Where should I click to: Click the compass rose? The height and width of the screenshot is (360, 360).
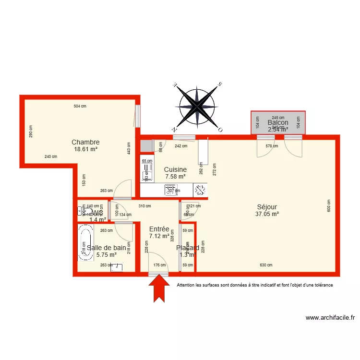pos(197,108)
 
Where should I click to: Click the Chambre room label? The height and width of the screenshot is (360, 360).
pos(85,142)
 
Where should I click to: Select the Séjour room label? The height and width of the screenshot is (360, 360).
pos(267,207)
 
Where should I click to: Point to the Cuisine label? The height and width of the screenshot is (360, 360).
pos(175,169)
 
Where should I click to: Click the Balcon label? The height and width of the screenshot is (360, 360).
pos(278,123)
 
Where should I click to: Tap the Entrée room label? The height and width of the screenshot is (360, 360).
pos(159,229)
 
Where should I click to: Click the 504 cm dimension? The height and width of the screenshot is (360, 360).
pos(80,106)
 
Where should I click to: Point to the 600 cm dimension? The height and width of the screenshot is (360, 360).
pos(329,206)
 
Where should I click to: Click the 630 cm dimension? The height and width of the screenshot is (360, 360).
pos(266,265)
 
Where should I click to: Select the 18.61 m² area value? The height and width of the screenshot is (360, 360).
pos(85,149)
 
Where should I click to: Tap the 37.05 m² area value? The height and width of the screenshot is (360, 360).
pos(267,215)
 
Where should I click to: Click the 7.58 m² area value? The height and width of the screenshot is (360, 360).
pos(175,177)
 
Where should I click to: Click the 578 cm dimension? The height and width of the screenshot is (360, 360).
pos(272,146)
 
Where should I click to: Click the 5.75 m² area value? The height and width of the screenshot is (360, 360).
pos(107,255)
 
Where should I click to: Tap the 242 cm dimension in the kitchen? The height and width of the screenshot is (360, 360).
pos(181,146)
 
